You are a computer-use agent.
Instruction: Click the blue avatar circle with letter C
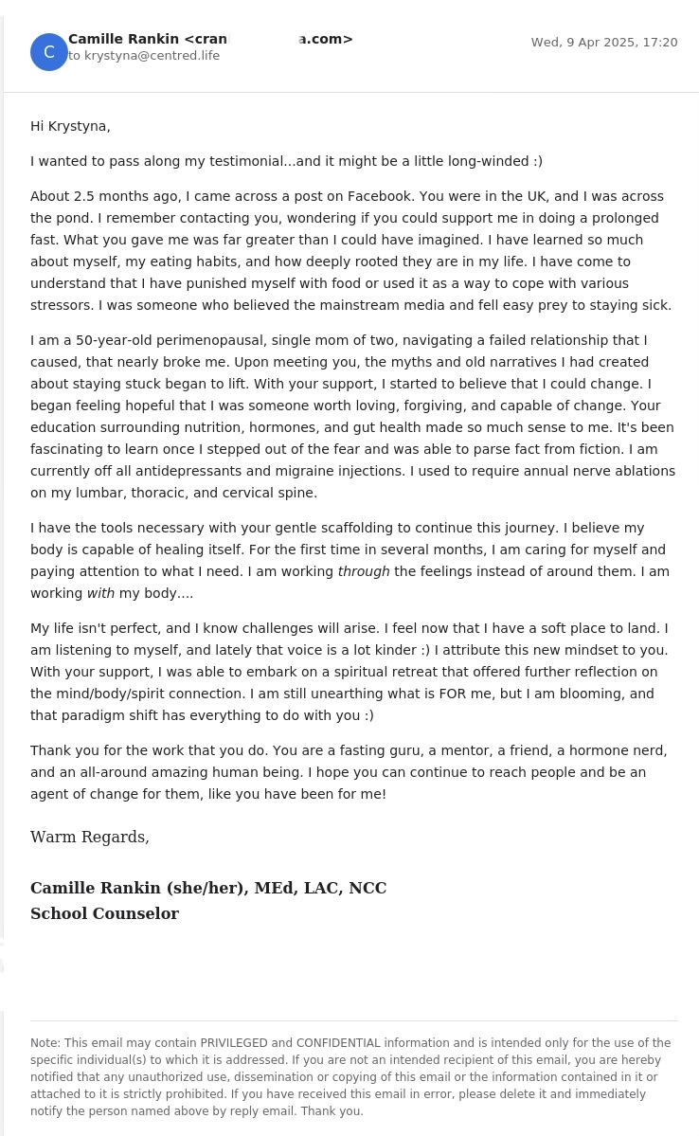pyautogui.click(x=49, y=52)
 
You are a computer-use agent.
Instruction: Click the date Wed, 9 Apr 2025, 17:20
pyautogui.click(x=603, y=43)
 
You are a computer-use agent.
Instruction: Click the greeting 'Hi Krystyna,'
pyautogui.click(x=70, y=126)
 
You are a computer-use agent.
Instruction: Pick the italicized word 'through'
pyautogui.click(x=364, y=571)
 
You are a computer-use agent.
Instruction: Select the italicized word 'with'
pyautogui.click(x=100, y=593)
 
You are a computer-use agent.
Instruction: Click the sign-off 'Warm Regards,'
pyautogui.click(x=90, y=838)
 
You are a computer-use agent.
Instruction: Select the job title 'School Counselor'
pyautogui.click(x=104, y=914)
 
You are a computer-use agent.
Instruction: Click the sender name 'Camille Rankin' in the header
pyautogui.click(x=123, y=39)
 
